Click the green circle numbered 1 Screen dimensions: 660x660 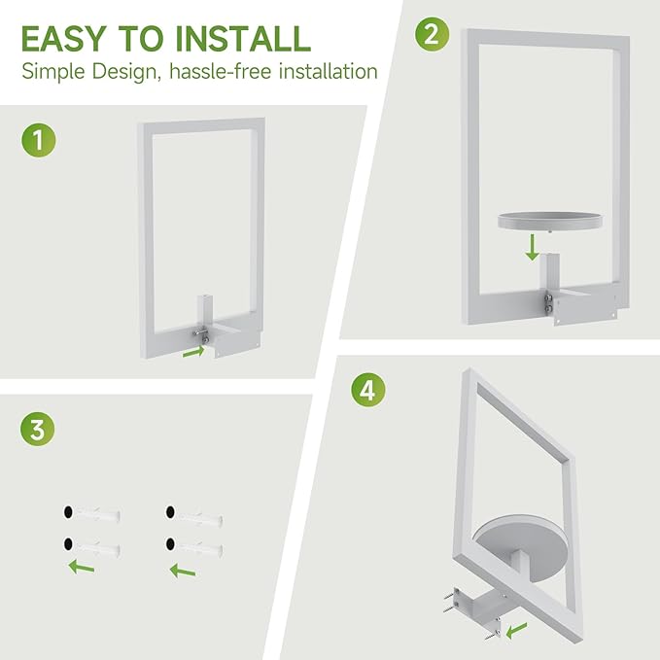(38, 140)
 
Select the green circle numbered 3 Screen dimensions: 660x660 (37, 428)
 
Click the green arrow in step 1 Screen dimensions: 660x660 (194, 351)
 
